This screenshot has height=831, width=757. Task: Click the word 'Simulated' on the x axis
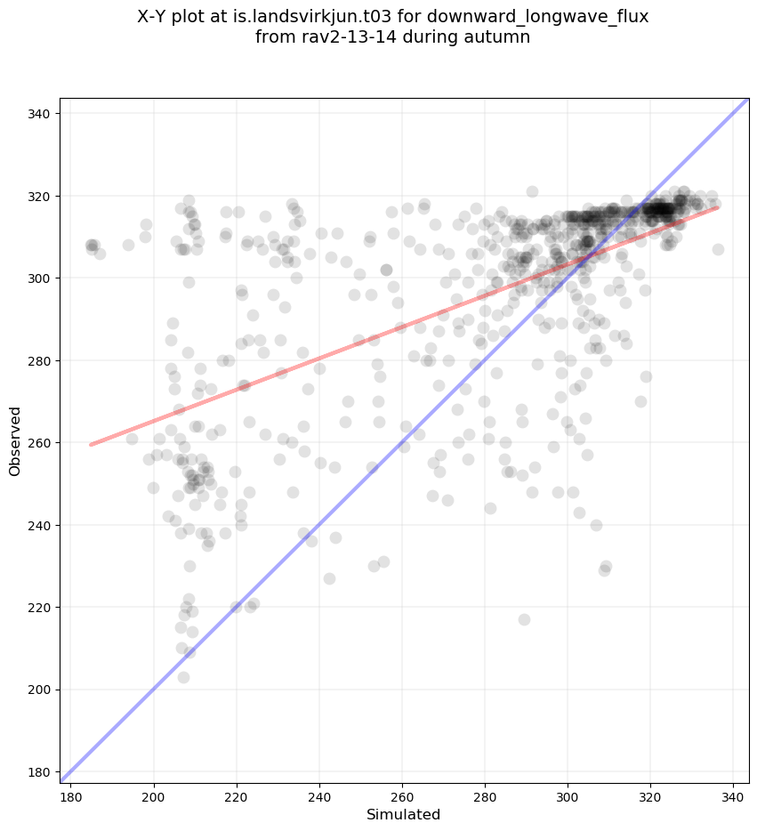click(404, 814)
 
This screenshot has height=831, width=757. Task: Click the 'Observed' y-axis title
click(16, 441)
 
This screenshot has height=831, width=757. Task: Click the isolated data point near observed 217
click(524, 619)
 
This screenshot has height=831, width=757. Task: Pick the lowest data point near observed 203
click(183, 677)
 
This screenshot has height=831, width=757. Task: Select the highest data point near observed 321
click(532, 191)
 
